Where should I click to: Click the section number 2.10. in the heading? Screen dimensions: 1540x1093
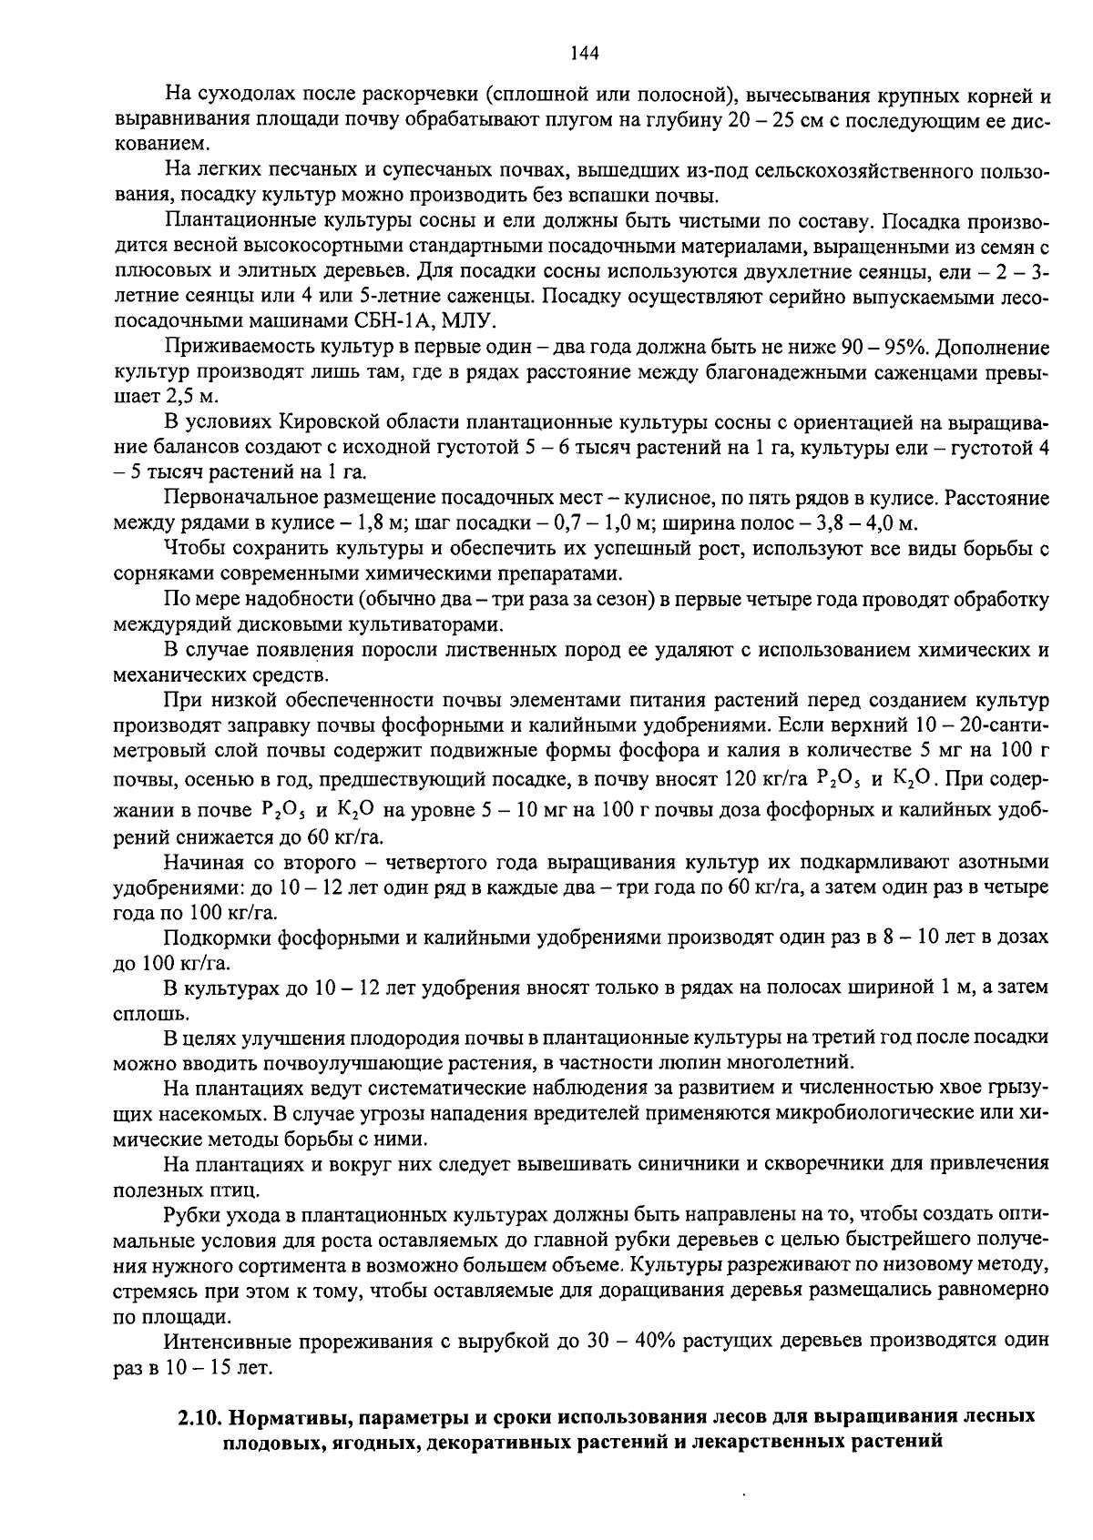pos(200,1417)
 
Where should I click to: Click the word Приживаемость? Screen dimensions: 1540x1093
pos(230,348)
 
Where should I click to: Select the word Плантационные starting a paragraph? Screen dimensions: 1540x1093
pos(232,221)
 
